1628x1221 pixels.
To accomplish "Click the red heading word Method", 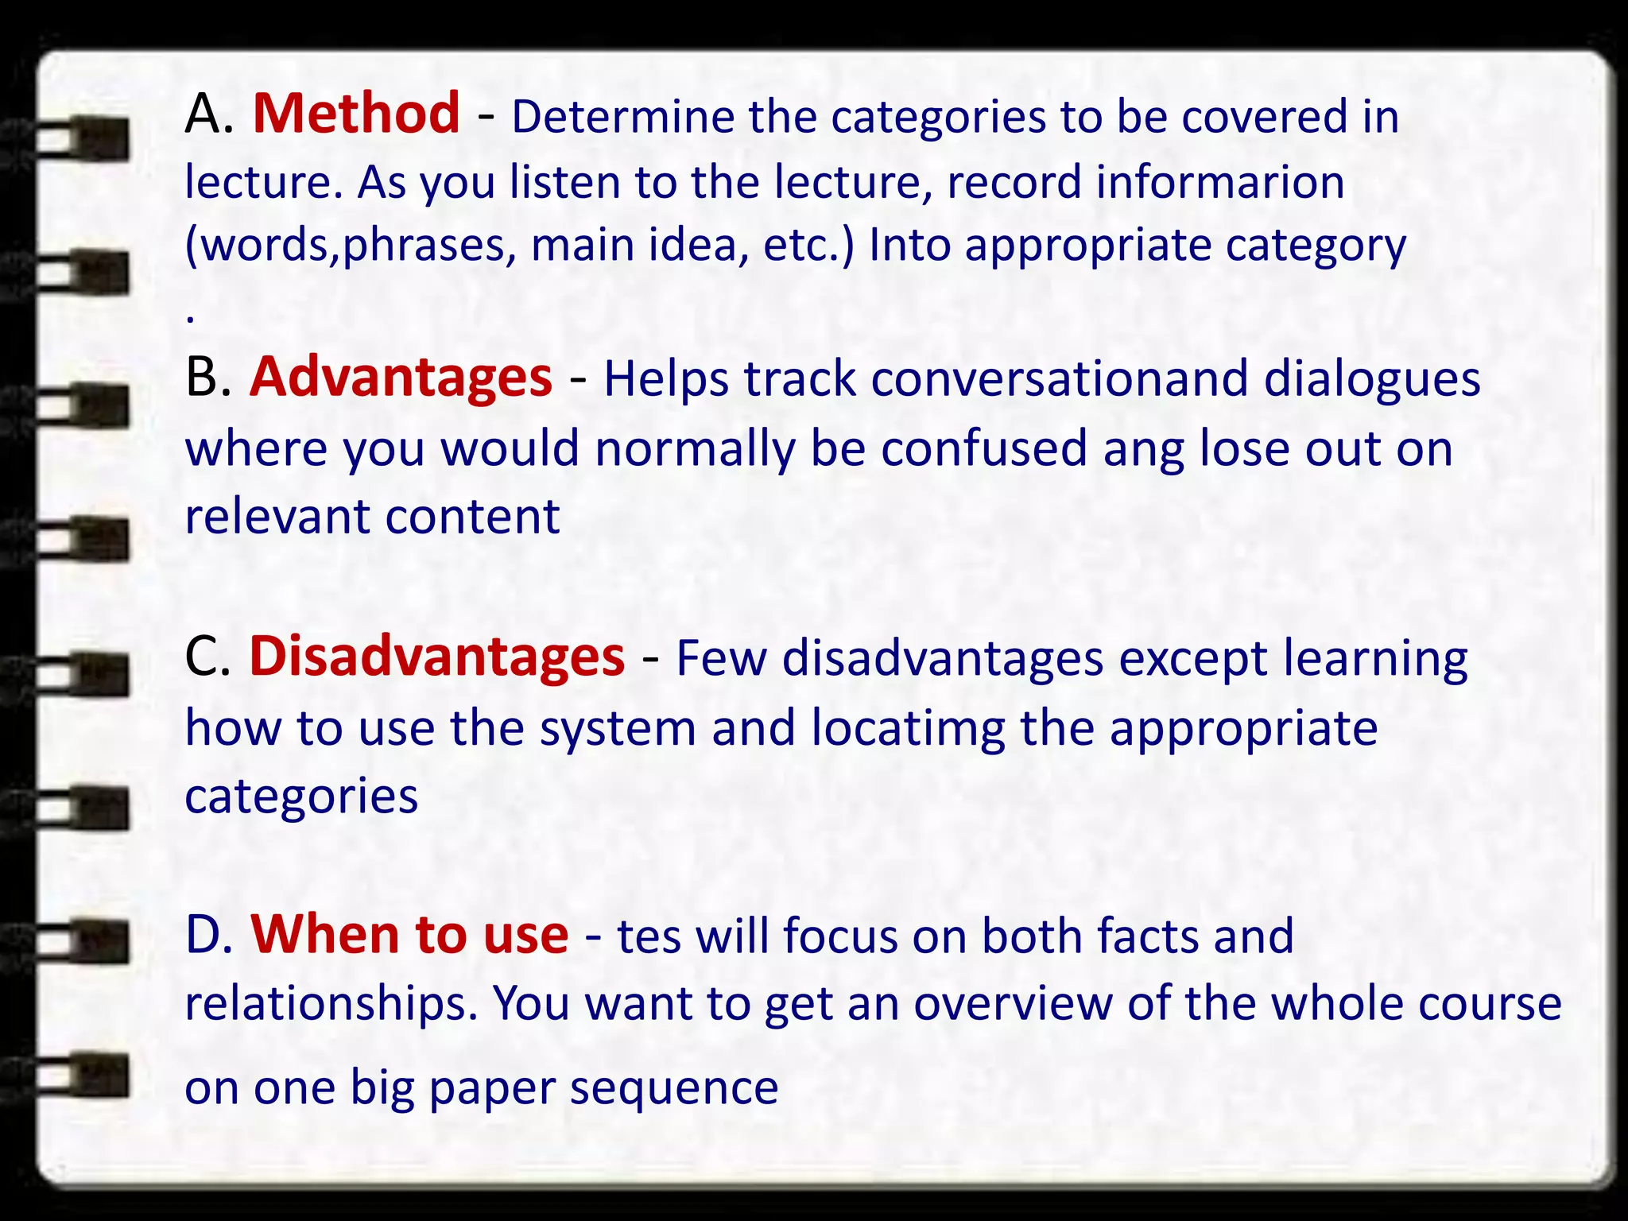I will point(356,114).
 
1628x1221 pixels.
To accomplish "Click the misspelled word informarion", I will point(1220,182).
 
